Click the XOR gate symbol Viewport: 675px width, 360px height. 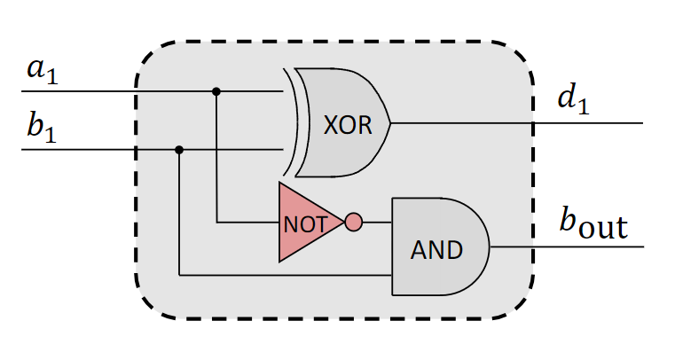341,122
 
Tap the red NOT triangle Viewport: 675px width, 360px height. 306,223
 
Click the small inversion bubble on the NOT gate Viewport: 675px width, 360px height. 353,222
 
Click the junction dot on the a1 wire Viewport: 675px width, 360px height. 216,91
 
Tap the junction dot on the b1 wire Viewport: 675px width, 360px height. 179,150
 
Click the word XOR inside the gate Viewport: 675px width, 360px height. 342,125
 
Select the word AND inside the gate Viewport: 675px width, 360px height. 436,250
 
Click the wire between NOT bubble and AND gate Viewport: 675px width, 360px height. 377,222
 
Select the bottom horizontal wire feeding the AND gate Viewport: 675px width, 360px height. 284,275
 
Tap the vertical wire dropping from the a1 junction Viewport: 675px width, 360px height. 216,160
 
